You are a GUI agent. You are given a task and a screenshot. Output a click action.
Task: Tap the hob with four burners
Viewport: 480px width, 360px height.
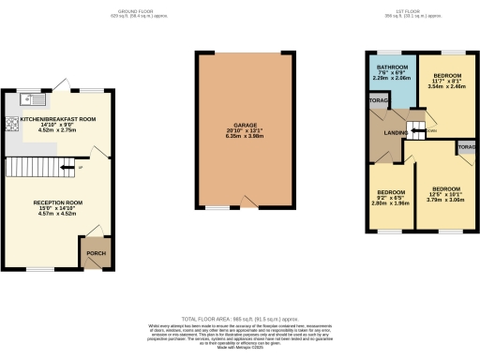pyautogui.click(x=12, y=122)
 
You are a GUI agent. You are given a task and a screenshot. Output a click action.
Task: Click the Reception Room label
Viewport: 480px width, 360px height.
pyautogui.click(x=58, y=202)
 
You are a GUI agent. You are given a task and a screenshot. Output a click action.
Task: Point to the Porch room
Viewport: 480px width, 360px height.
pyautogui.click(x=96, y=252)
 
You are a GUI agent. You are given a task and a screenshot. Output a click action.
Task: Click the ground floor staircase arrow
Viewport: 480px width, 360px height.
pyautogui.click(x=67, y=169)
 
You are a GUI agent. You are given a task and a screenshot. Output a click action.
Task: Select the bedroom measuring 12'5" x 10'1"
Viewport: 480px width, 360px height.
pyautogui.click(x=445, y=193)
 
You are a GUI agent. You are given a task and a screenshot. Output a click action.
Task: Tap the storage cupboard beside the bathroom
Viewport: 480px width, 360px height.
pyautogui.click(x=379, y=100)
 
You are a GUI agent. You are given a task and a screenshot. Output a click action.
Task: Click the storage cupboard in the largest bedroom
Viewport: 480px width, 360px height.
pyautogui.click(x=466, y=148)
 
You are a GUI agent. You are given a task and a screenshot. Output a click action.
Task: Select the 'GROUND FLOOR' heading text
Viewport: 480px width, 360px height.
pyautogui.click(x=122, y=10)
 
